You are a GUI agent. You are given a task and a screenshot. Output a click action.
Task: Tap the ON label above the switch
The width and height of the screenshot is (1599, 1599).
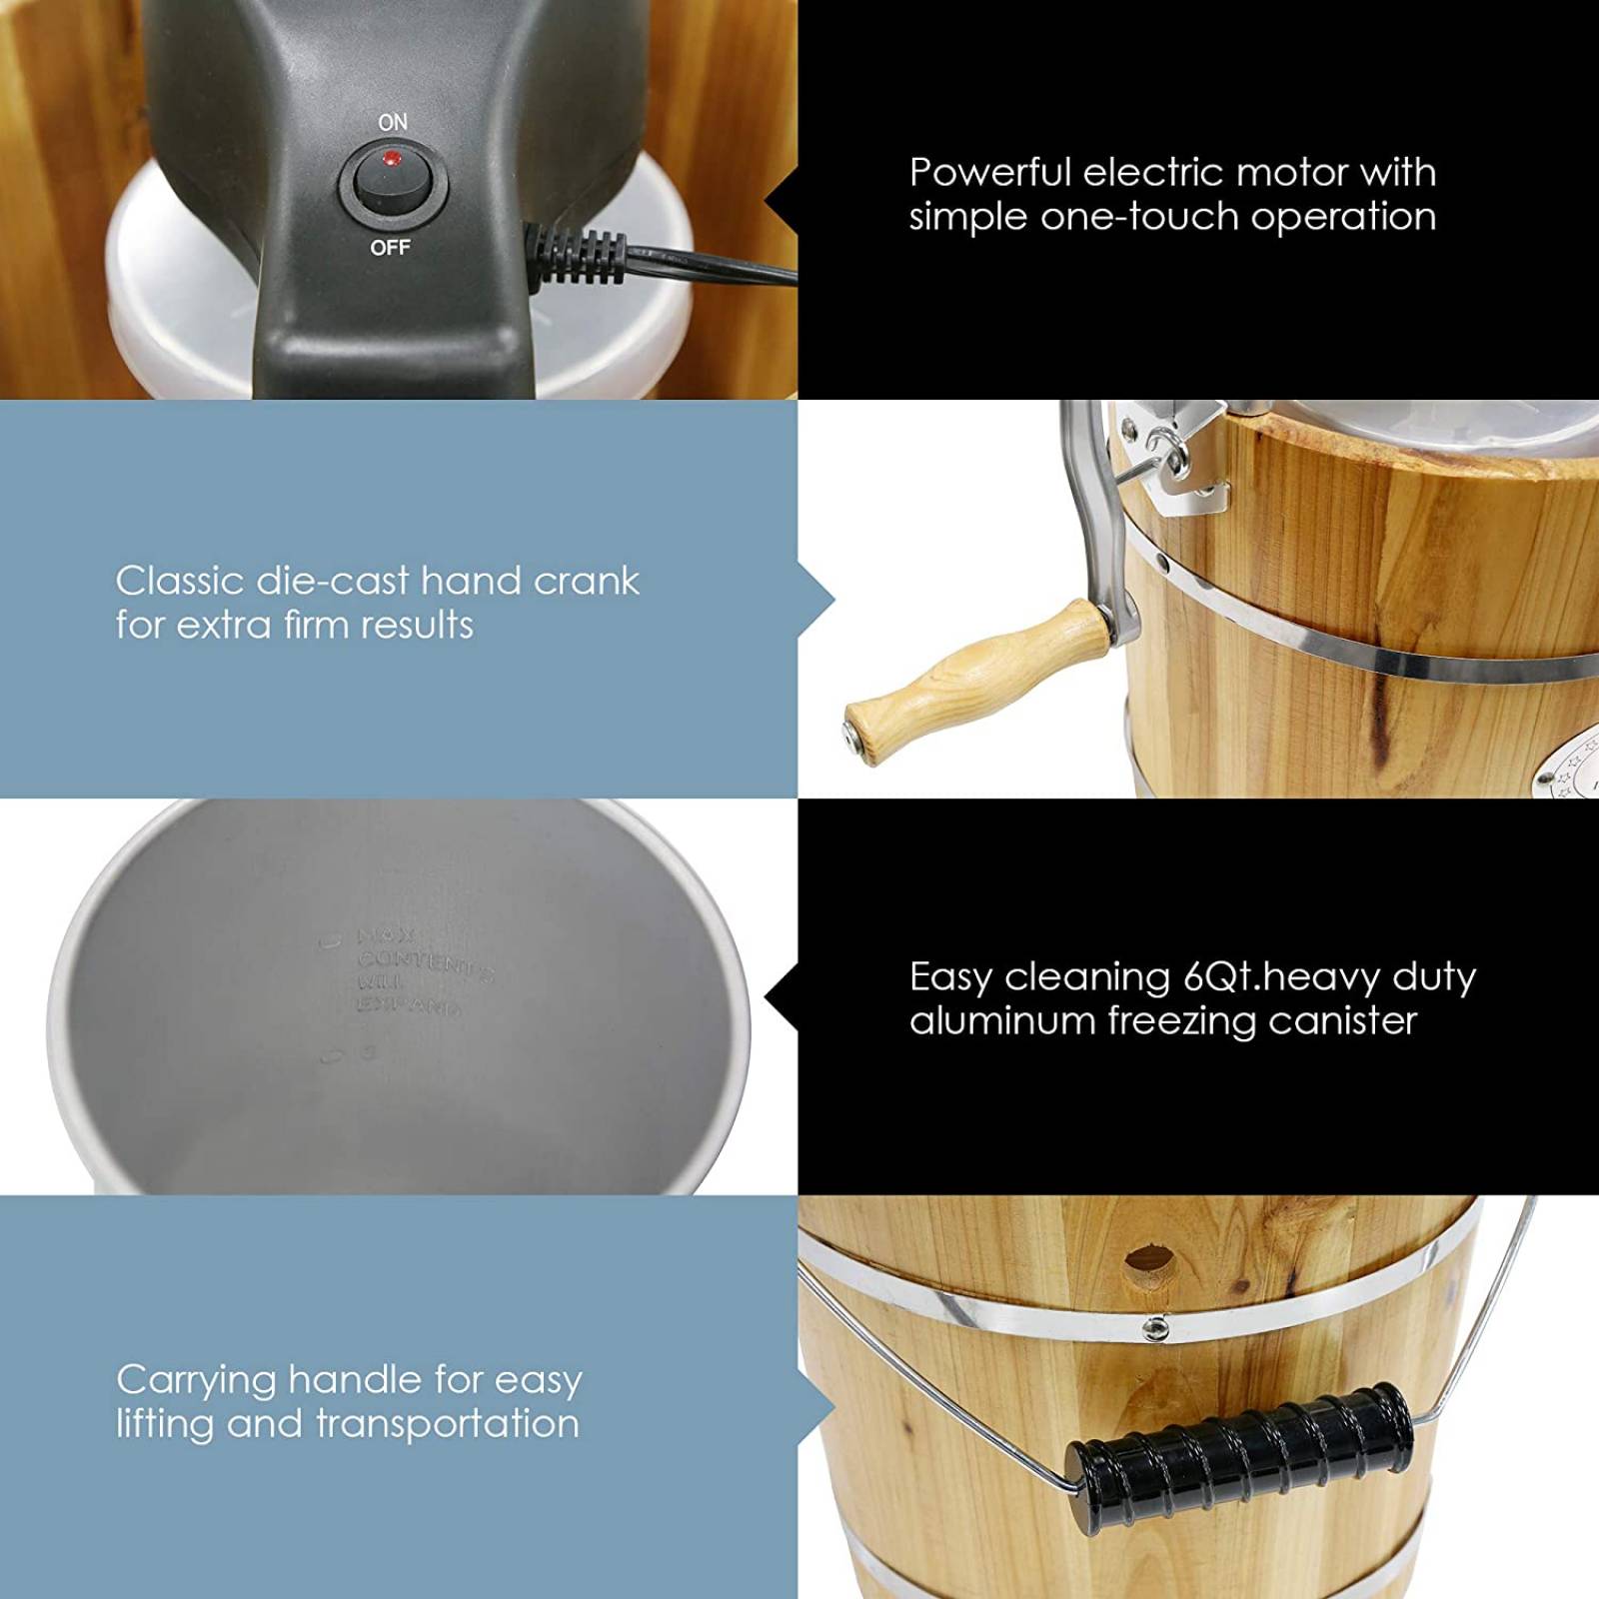[x=393, y=122]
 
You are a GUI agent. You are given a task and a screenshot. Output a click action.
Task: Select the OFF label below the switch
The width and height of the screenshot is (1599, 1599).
[x=390, y=248]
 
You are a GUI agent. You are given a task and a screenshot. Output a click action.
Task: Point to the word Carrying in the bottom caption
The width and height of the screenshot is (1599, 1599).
[x=197, y=1381]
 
